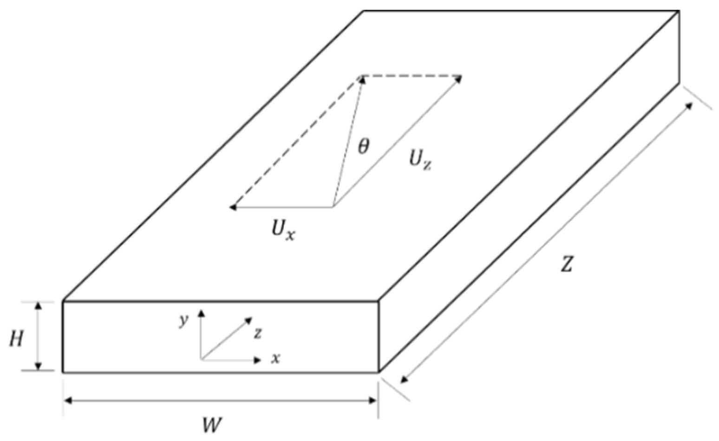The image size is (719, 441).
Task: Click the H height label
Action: pos(17,340)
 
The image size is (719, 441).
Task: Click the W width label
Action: pos(212,424)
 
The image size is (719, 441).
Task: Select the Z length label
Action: pos(566,264)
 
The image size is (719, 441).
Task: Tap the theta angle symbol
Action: pos(364,147)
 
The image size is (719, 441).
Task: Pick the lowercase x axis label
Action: pos(276,358)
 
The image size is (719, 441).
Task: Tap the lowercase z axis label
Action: pos(258,333)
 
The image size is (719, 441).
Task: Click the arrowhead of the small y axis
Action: pos(201,311)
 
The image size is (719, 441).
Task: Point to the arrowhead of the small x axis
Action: pos(258,360)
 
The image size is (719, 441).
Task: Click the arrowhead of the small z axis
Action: pos(249,320)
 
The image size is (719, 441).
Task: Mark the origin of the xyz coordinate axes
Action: pos(201,360)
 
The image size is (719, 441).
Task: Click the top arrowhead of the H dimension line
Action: pos(39,305)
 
